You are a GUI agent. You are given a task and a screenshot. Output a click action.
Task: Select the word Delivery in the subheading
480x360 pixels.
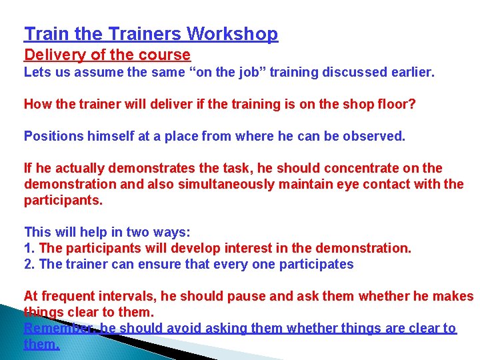tap(52, 55)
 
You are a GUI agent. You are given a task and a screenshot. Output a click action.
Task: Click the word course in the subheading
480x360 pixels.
tap(167, 55)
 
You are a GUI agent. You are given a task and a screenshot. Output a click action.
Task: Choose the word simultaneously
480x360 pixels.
tap(199, 183)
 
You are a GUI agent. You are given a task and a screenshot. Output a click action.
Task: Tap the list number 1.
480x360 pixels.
tap(29, 249)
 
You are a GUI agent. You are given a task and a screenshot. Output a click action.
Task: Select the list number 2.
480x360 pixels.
tap(29, 265)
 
